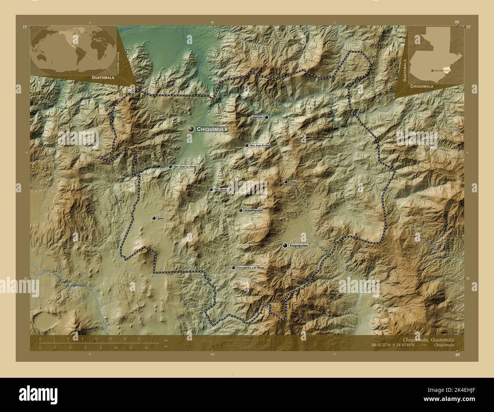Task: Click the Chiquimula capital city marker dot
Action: coord(191,129)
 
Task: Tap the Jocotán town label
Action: coord(258,117)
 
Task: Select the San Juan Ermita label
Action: coord(260,146)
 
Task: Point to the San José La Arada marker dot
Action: coord(170,166)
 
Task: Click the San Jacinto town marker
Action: coord(211,189)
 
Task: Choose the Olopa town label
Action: coord(293,182)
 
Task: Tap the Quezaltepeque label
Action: coord(253,210)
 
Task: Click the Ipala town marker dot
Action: coord(154,218)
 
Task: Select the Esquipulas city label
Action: coord(299,246)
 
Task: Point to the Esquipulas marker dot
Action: coord(285,246)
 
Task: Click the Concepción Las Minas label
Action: coord(250,268)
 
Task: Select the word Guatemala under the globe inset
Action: coord(103,77)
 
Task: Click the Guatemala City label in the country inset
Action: coord(442,71)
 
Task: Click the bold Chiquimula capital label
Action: coord(212,129)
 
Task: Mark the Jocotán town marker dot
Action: coord(266,117)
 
